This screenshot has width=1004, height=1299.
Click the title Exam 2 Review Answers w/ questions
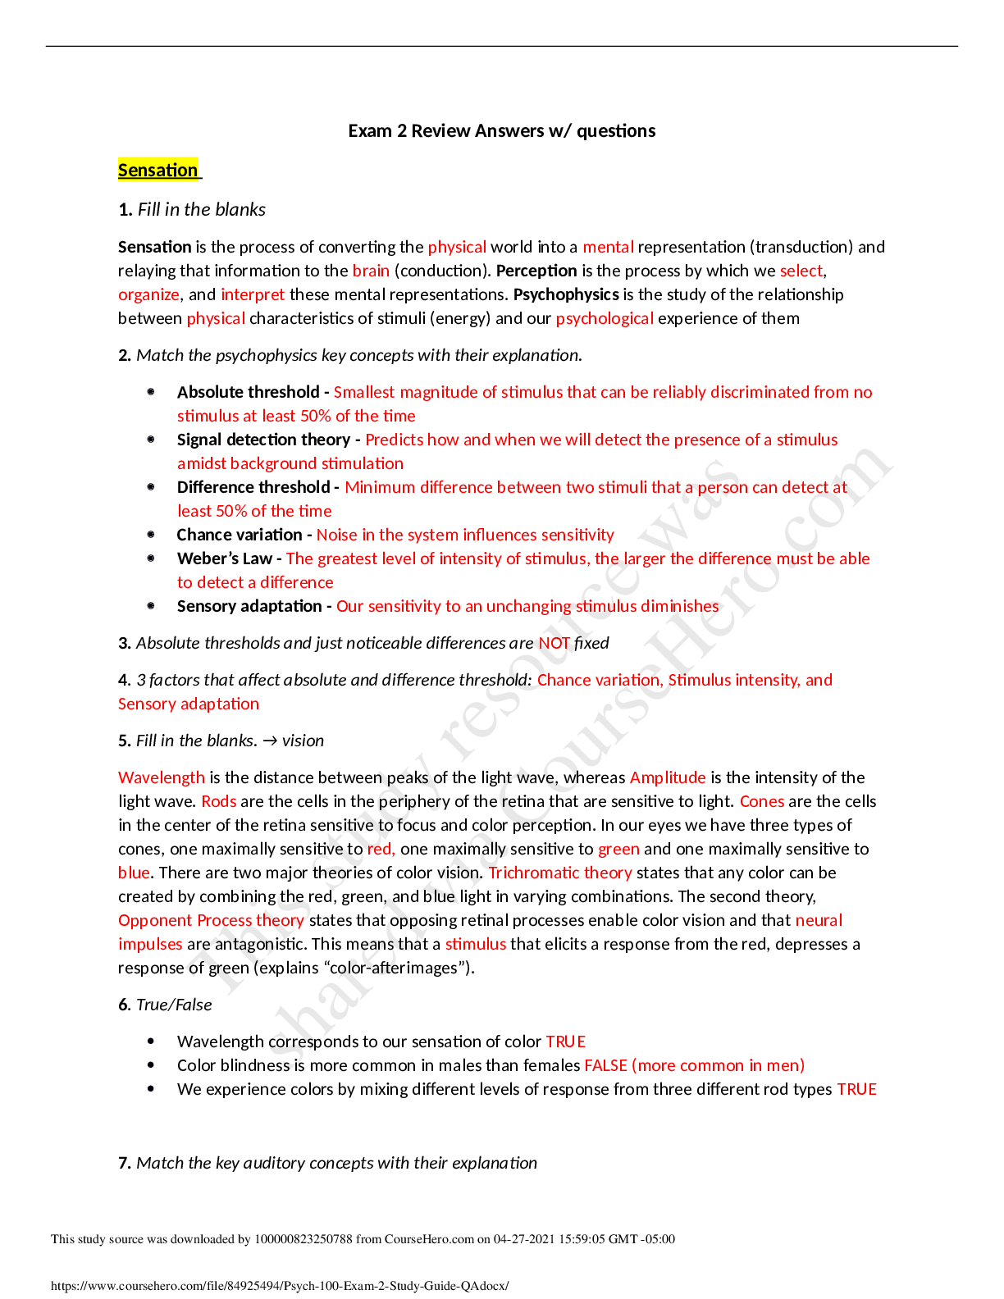pyautogui.click(x=502, y=131)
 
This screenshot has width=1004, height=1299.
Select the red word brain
pyautogui.click(x=371, y=271)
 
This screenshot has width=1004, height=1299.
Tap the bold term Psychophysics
pyautogui.click(x=566, y=294)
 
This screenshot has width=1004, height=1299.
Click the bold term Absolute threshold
pyautogui.click(x=248, y=392)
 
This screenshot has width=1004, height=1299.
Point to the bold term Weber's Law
pyautogui.click(x=224, y=558)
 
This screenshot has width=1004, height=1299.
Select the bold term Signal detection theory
pyautogui.click(x=263, y=440)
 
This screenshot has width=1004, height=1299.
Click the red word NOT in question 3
pyautogui.click(x=554, y=643)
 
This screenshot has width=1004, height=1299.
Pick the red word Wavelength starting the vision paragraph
pyautogui.click(x=162, y=777)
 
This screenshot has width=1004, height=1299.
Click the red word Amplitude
pyautogui.click(x=668, y=777)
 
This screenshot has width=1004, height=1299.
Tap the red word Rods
pyautogui.click(x=219, y=801)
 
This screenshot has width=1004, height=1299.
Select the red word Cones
pyautogui.click(x=762, y=801)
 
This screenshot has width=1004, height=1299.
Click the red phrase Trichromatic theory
pyautogui.click(x=559, y=873)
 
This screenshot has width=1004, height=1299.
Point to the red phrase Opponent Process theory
pyautogui.click(x=211, y=921)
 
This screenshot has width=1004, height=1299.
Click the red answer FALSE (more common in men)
pyautogui.click(x=694, y=1065)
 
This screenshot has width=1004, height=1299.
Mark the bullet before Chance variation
pyautogui.click(x=151, y=535)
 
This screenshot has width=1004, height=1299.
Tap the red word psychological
pyautogui.click(x=605, y=319)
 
